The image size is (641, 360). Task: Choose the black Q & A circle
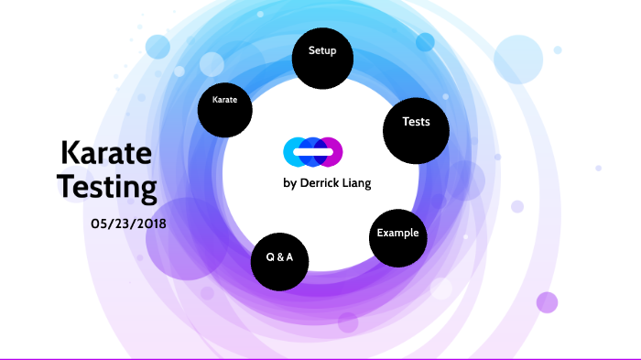tap(279, 261)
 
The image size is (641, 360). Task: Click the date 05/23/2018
tap(129, 224)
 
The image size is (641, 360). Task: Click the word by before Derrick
tap(289, 182)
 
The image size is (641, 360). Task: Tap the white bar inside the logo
tap(313, 150)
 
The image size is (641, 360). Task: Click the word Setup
tap(322, 51)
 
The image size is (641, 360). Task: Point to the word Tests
tap(416, 122)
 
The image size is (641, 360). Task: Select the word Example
tap(397, 233)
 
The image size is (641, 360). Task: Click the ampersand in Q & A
tap(279, 257)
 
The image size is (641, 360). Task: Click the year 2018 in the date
tap(149, 224)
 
